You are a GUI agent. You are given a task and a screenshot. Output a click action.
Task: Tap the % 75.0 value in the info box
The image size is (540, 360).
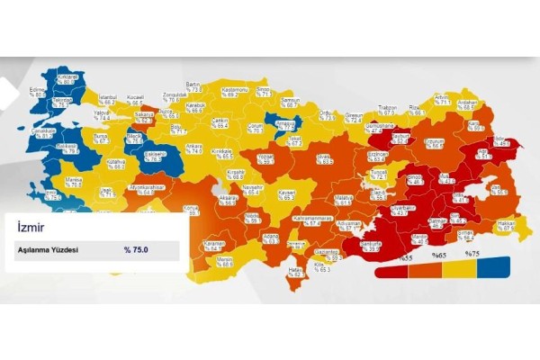coord(136,249)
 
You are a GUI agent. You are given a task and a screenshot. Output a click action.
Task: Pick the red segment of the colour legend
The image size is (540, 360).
coord(391,267)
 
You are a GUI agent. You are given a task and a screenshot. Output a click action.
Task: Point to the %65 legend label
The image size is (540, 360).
coord(439,255)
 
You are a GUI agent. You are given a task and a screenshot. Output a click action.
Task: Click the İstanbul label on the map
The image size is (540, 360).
coord(108,98)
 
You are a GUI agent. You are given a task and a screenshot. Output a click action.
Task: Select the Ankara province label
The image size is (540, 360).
coord(194,148)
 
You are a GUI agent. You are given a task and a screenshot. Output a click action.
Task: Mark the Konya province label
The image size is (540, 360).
coord(191,209)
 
